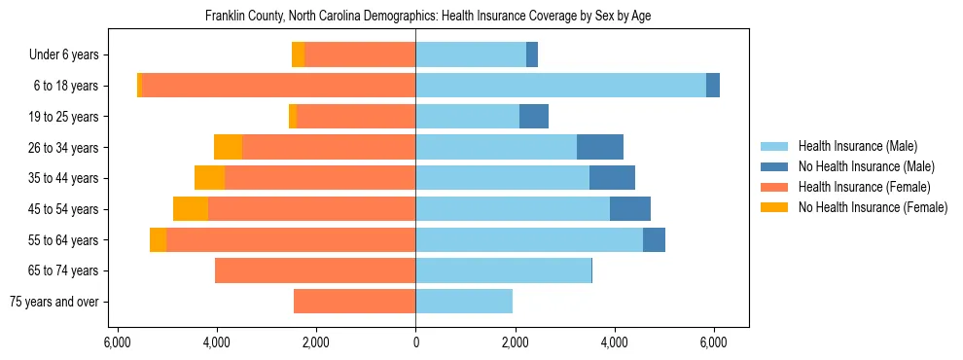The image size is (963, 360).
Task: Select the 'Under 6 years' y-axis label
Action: pyautogui.click(x=70, y=54)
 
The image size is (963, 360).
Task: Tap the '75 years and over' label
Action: pyautogui.click(x=59, y=302)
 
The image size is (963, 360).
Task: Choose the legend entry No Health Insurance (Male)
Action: pyautogui.click(x=866, y=166)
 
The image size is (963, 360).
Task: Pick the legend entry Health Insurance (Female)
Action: pyautogui.click(x=865, y=187)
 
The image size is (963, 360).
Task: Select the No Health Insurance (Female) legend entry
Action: pyautogui.click(x=873, y=207)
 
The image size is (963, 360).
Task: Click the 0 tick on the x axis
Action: pyautogui.click(x=415, y=342)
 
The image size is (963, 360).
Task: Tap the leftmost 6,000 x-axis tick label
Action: pyautogui.click(x=117, y=342)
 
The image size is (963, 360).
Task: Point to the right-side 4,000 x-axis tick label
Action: pyautogui.click(x=614, y=342)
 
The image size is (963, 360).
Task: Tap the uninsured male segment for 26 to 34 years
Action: pyautogui.click(x=599, y=147)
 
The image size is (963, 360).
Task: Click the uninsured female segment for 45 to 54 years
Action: pyautogui.click(x=191, y=209)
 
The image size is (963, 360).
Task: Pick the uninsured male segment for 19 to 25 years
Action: pyautogui.click(x=533, y=117)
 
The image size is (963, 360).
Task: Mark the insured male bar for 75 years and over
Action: pyautogui.click(x=464, y=302)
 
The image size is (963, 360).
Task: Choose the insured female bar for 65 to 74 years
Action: pyautogui.click(x=315, y=270)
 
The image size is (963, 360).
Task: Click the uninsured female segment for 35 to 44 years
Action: pyautogui.click(x=209, y=178)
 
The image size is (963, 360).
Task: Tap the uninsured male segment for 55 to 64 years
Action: pyautogui.click(x=654, y=239)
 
